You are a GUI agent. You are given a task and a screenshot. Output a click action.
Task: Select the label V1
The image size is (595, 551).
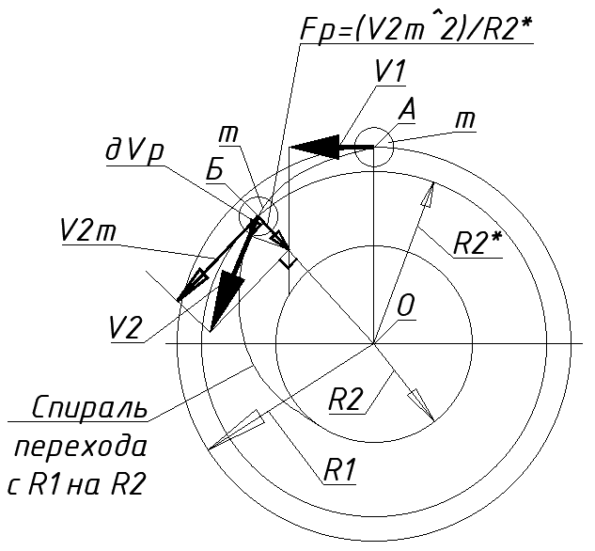point(387,71)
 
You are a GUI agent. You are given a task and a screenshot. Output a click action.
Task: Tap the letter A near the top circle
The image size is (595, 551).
point(407,109)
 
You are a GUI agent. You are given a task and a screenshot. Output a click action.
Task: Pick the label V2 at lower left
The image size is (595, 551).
point(126,327)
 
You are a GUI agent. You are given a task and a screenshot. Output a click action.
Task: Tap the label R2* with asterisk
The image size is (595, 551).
point(478,242)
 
